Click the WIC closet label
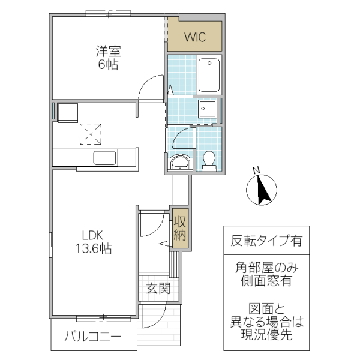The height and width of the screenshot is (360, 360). (194, 37)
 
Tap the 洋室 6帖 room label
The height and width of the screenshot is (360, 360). (108, 57)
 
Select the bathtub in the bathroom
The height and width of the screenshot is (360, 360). (209, 74)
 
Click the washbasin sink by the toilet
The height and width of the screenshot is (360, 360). (179, 163)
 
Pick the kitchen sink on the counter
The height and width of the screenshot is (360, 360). (105, 157)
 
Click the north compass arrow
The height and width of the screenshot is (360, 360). (262, 191)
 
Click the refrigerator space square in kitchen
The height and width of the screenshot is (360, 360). (68, 112)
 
